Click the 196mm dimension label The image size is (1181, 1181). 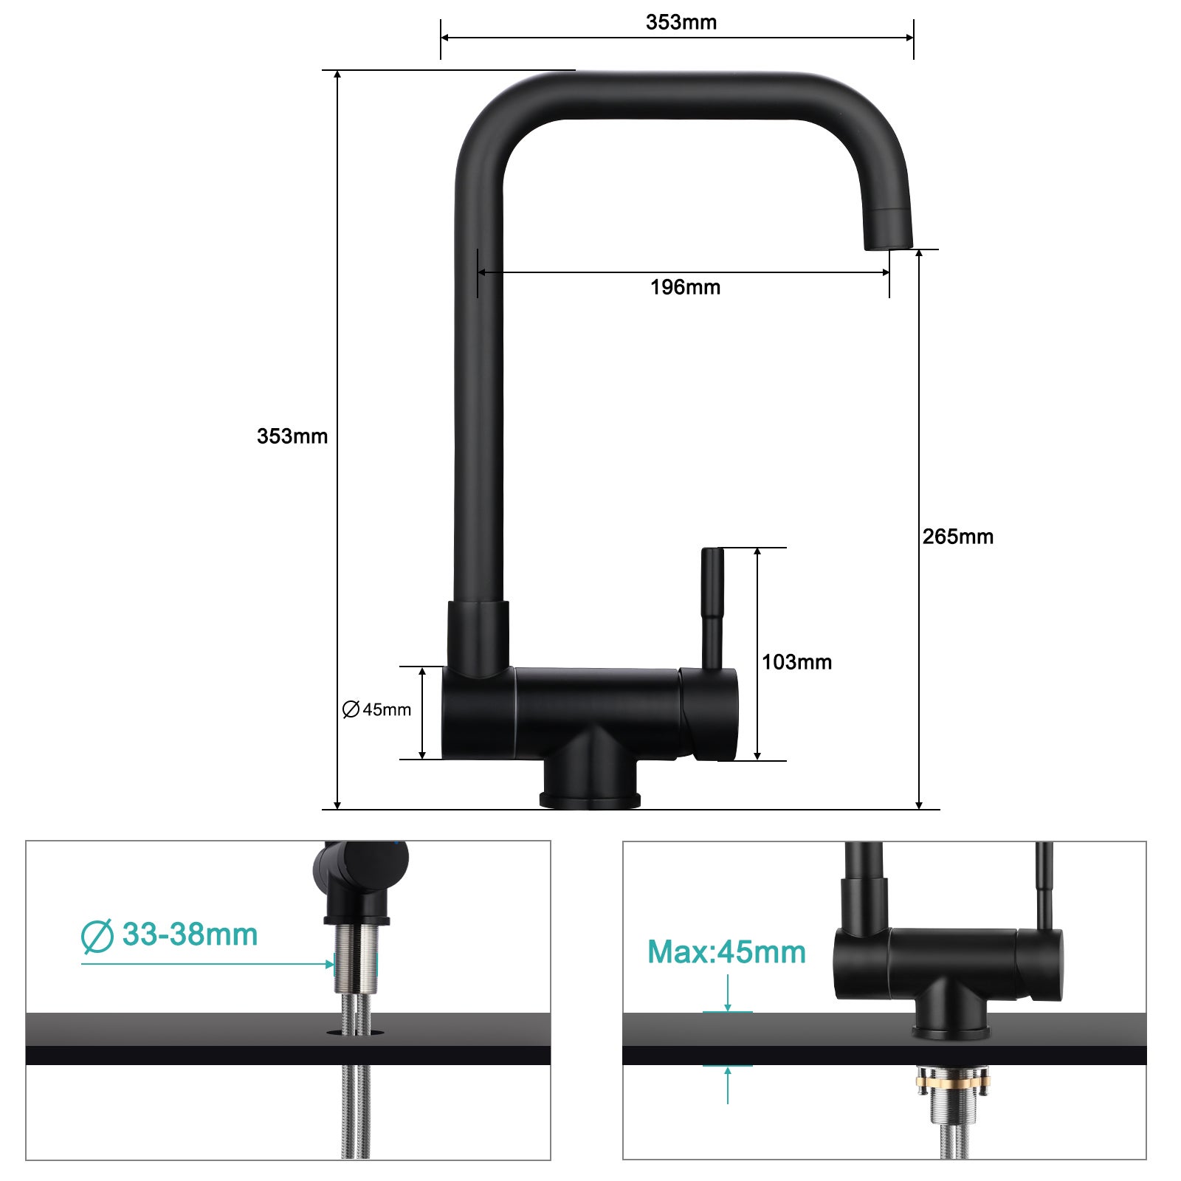point(685,287)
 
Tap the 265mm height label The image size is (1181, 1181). point(957,537)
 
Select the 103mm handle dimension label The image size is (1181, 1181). point(796,662)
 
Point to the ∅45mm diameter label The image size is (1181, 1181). point(376,709)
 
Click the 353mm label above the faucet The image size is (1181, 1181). point(681,22)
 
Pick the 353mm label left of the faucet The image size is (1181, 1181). point(292,436)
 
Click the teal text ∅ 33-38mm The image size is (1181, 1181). point(170,935)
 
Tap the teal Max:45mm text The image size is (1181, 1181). point(726,952)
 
